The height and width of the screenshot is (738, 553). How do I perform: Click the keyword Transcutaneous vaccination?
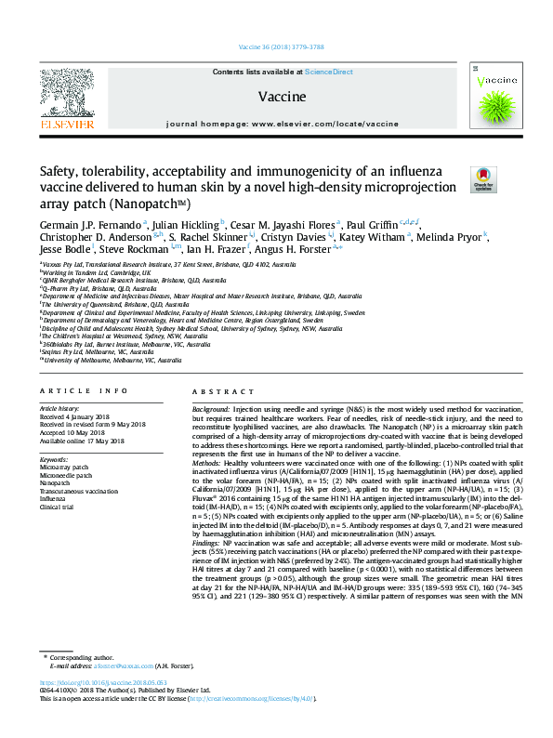78,491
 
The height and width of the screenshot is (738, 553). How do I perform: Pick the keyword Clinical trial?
59,507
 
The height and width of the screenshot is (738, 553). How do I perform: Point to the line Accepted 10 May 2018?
73,432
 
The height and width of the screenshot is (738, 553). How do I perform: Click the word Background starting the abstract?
211,410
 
